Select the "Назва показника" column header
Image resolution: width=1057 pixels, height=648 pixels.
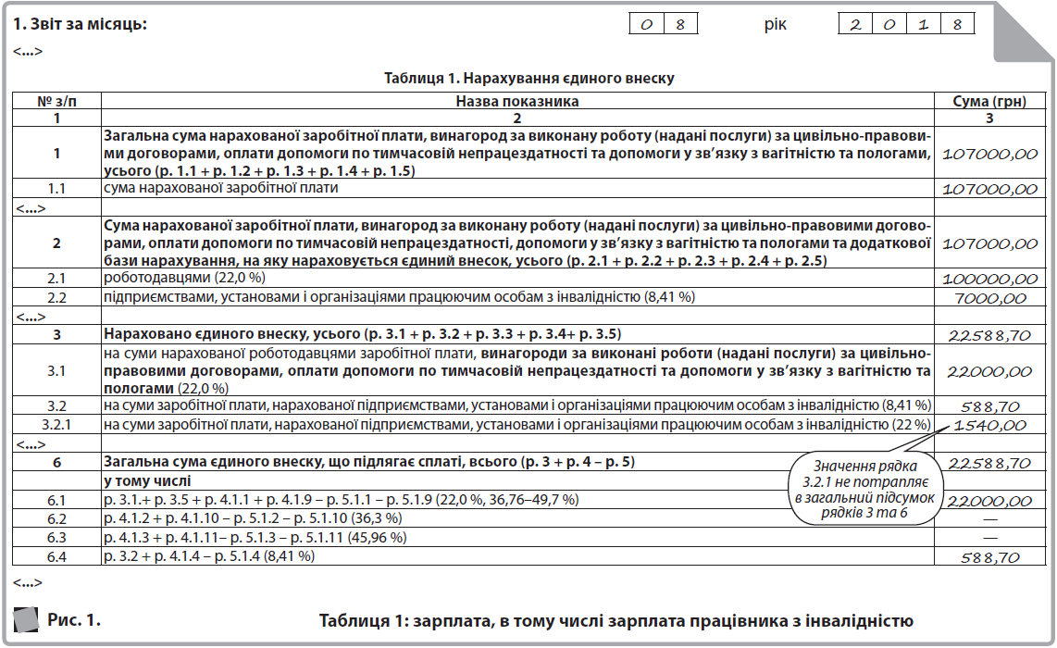pos(517,101)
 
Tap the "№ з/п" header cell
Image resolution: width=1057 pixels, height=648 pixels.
pos(56,101)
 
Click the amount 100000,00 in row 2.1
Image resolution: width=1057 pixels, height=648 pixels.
pos(989,280)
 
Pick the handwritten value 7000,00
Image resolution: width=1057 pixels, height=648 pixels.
pos(989,298)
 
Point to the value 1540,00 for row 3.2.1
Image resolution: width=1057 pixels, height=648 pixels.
pos(989,426)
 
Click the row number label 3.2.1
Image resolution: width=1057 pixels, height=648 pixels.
pos(56,425)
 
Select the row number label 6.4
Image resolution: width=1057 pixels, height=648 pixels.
pos(56,556)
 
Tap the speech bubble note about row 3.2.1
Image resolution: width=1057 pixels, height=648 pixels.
pos(868,487)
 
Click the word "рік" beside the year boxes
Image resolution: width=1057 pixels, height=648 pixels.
pos(775,24)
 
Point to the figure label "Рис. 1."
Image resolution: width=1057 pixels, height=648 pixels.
pos(74,619)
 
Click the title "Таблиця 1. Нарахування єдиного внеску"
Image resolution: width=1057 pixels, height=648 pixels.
pos(528,78)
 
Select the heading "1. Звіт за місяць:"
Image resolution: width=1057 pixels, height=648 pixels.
pos(81,23)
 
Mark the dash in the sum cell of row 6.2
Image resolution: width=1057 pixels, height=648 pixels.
pos(989,519)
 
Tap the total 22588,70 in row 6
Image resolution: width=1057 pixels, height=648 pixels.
pos(989,462)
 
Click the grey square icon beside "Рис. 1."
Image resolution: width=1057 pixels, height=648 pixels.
pos(26,618)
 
